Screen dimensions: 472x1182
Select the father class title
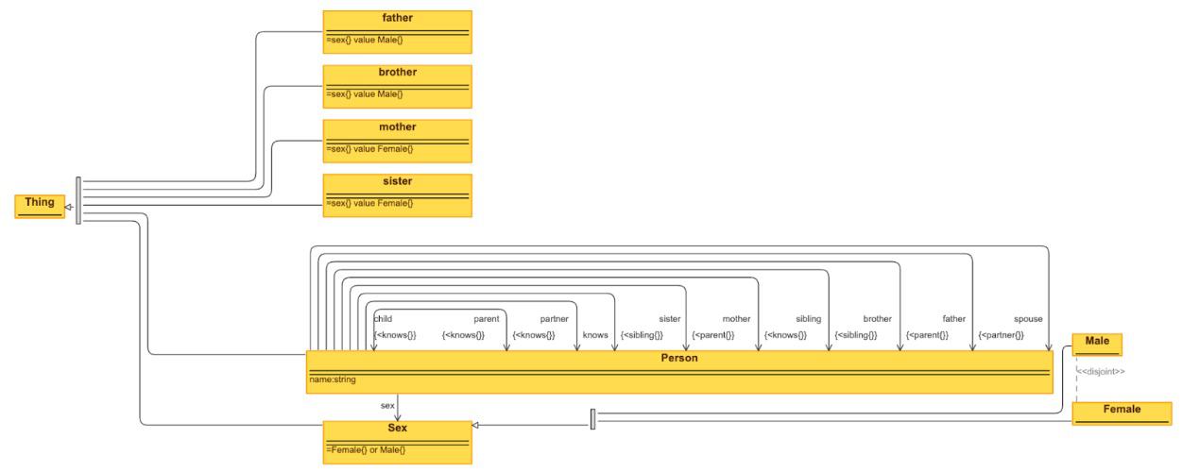[x=397, y=18]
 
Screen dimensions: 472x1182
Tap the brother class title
[x=397, y=73]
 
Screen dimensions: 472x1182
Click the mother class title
[x=397, y=127]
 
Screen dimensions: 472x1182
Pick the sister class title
[x=397, y=181]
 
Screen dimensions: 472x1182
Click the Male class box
[x=1097, y=342]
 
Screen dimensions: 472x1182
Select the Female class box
[x=1122, y=412]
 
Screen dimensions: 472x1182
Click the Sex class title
[x=397, y=428]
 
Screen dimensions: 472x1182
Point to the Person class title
[x=678, y=359]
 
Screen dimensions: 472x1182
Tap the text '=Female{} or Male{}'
[x=366, y=449]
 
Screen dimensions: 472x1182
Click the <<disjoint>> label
[x=1101, y=372]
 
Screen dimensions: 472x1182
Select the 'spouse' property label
[x=1028, y=319]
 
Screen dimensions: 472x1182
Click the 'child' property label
[x=383, y=319]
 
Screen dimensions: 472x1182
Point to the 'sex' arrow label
[x=387, y=404]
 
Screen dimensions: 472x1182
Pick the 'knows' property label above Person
[x=595, y=335]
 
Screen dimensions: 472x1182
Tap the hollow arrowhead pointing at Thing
[x=68, y=205]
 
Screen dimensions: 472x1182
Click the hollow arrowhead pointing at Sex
[x=476, y=426]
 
